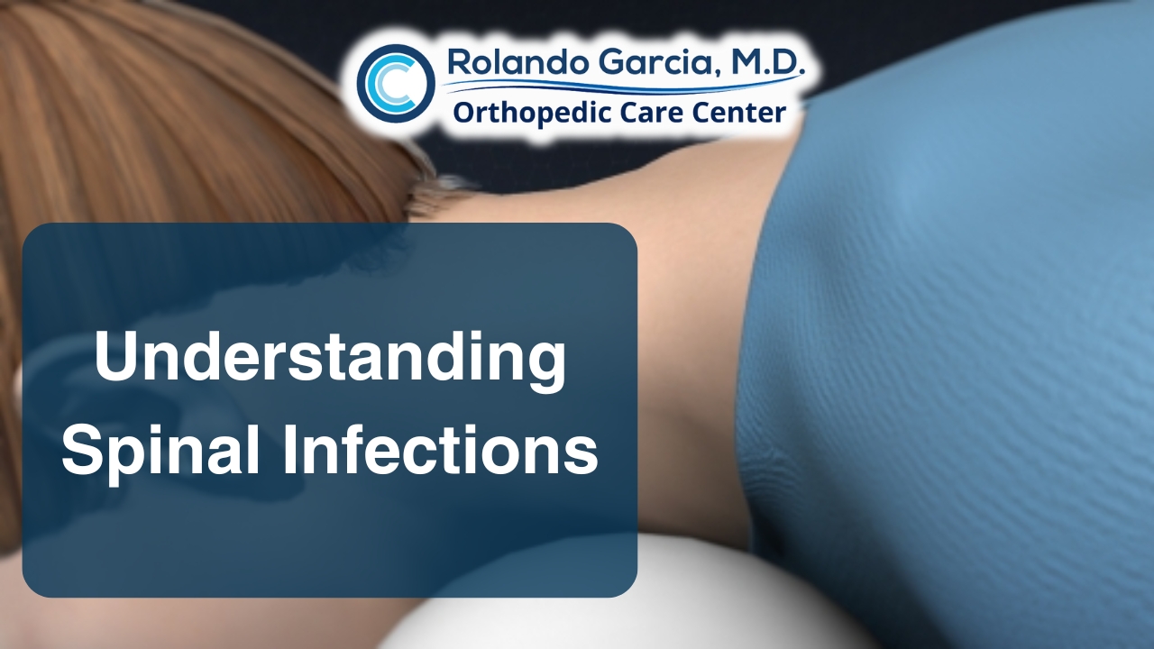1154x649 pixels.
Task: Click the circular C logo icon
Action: pyautogui.click(x=395, y=83)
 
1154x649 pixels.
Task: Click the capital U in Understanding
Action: pyautogui.click(x=114, y=356)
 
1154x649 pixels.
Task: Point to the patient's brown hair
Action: pyautogui.click(x=180, y=117)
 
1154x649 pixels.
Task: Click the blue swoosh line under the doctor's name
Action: pyautogui.click(x=622, y=87)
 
